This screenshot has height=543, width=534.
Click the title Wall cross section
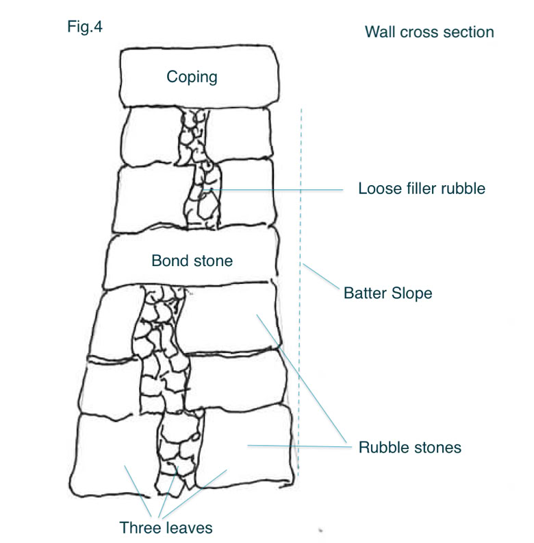click(429, 32)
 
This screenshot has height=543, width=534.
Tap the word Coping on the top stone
click(192, 76)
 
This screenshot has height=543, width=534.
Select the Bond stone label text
click(192, 261)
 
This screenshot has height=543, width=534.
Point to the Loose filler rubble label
click(422, 189)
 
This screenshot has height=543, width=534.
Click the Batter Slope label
click(387, 293)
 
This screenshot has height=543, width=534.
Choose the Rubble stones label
click(410, 448)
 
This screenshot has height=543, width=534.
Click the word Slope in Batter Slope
click(411, 293)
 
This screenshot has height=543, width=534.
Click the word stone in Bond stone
click(214, 261)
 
